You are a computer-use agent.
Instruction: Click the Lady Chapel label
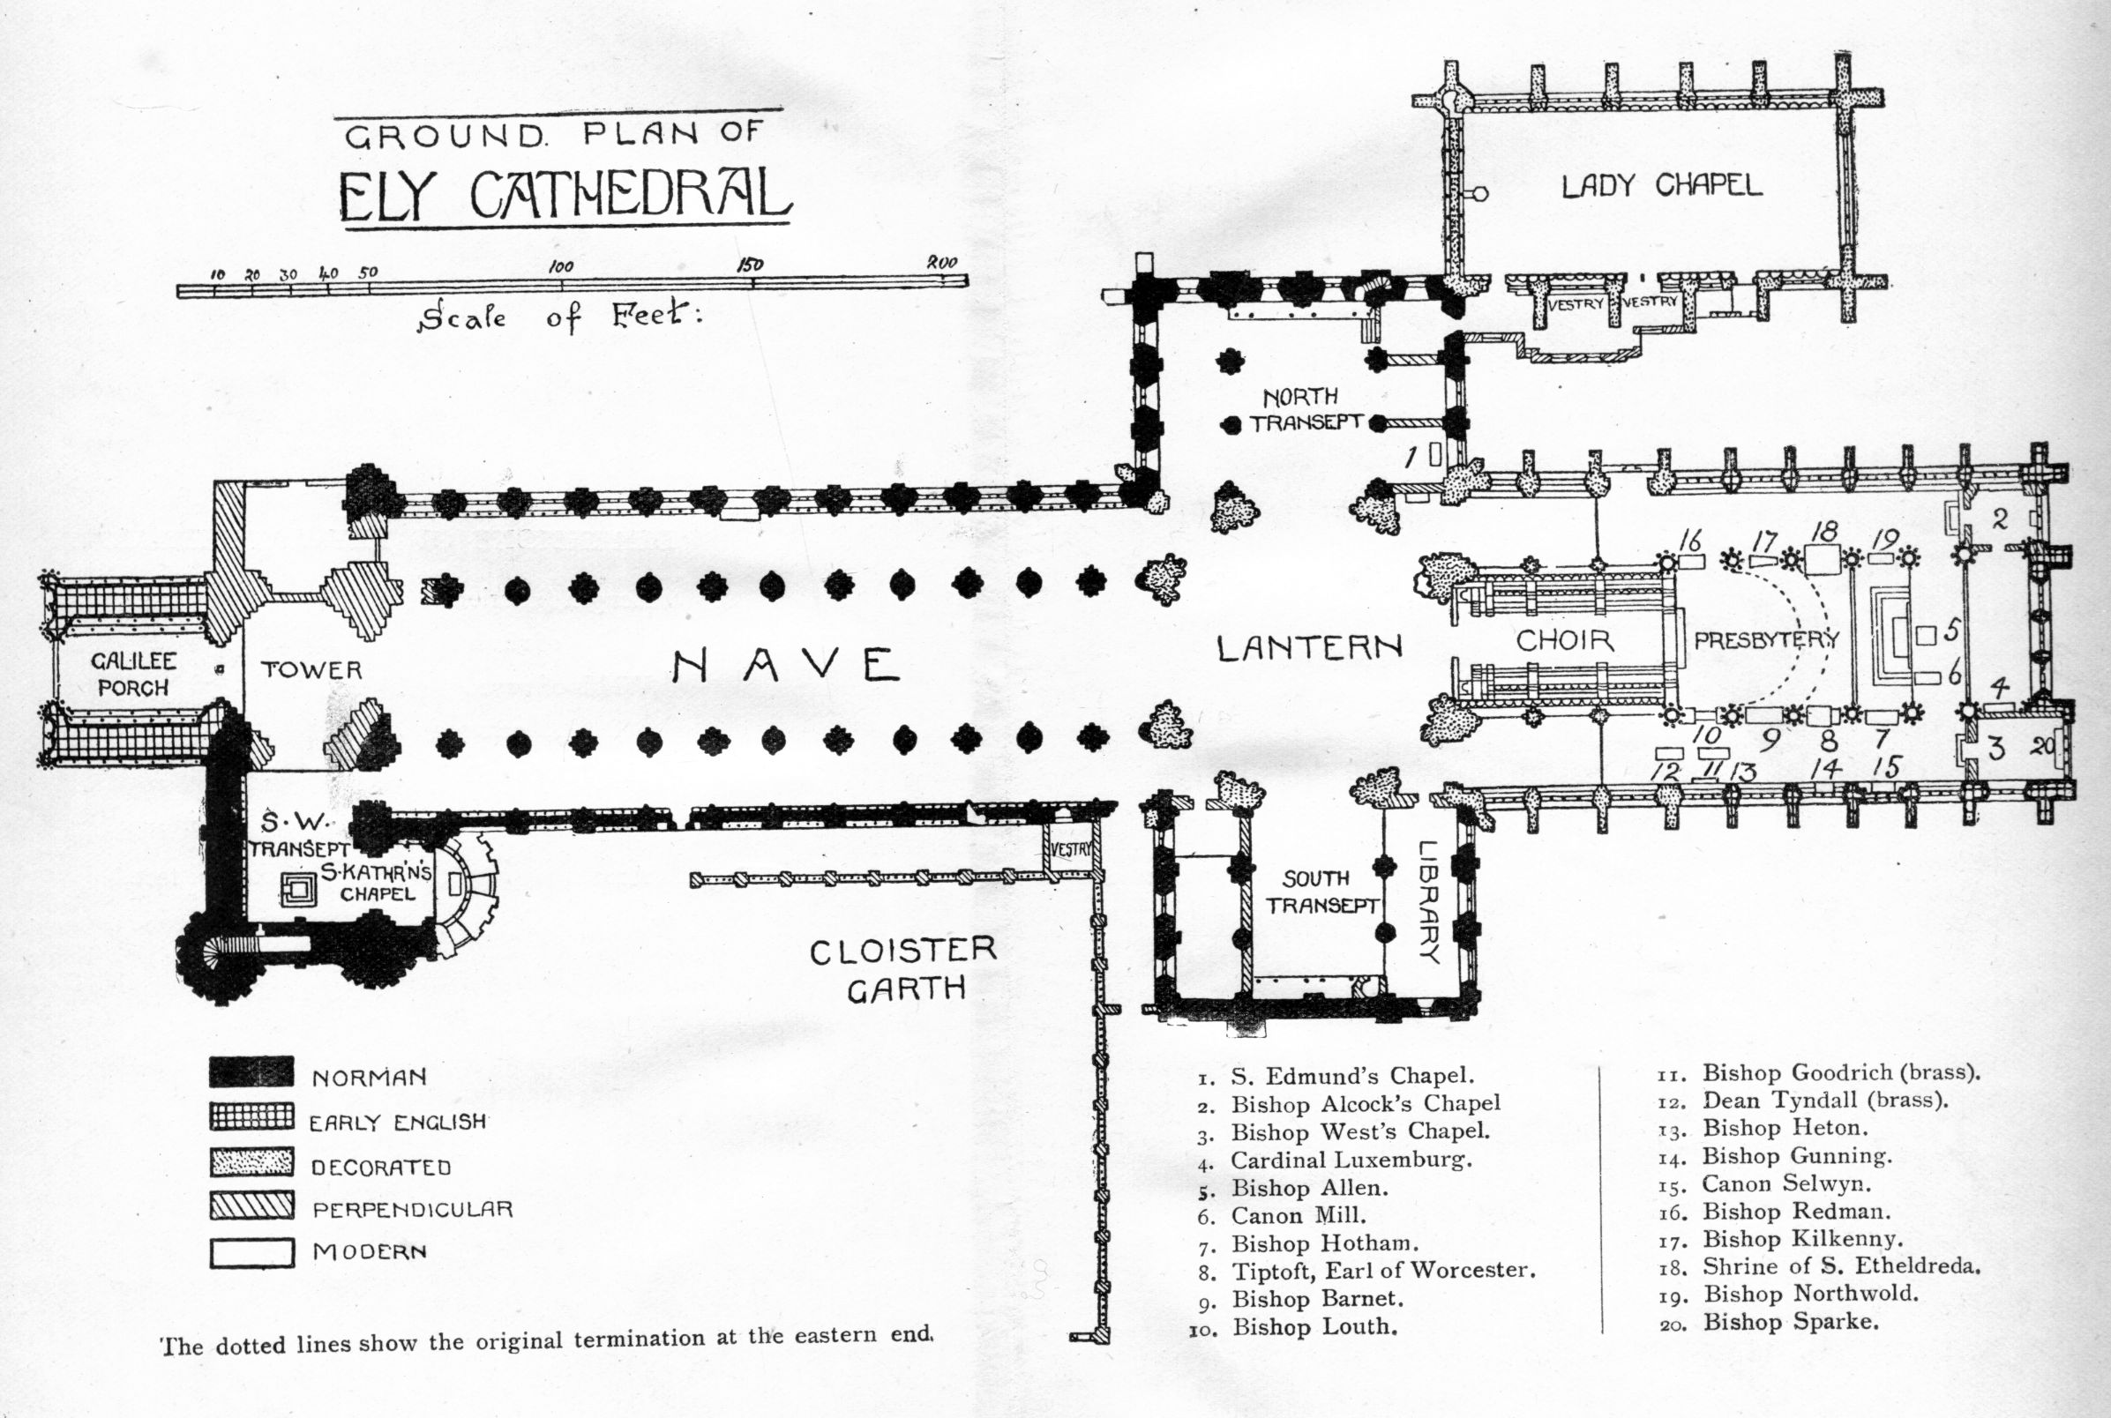[1662, 185]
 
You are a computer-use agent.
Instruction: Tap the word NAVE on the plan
[785, 667]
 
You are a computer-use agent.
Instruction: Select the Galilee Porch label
[134, 674]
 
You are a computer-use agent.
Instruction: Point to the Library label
[1428, 901]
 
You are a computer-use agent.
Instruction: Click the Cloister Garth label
[902, 968]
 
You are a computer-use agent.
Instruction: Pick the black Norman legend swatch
[251, 1072]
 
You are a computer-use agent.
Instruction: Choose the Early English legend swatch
[251, 1117]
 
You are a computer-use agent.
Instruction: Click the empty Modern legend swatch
[251, 1252]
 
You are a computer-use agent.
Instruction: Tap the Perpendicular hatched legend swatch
[251, 1205]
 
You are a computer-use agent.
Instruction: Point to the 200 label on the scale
[941, 262]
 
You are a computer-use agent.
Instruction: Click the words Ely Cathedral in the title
[565, 193]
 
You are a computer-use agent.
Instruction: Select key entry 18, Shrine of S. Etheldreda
[1839, 1266]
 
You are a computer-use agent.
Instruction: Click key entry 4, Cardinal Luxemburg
[1351, 1160]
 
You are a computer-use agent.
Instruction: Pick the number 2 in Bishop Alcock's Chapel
[2001, 519]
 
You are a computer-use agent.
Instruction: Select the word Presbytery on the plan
[1765, 640]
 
